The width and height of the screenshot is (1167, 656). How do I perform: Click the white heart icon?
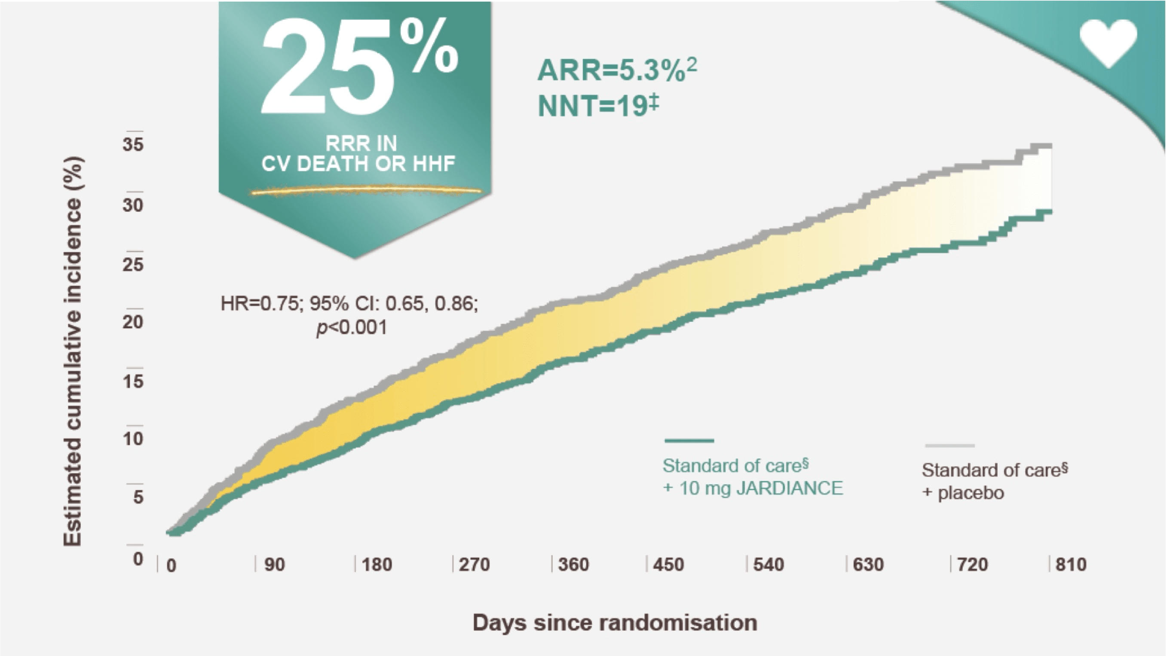pos(1108,42)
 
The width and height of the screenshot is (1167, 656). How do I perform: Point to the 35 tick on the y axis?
pos(133,145)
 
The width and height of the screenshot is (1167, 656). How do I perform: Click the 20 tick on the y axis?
pos(133,322)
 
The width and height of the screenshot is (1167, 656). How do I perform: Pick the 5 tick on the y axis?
pos(138,497)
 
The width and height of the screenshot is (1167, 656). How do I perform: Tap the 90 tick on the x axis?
pos(275,564)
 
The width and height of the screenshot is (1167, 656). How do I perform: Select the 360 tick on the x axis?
pos(573,564)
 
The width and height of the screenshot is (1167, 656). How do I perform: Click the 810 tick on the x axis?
pos(1071,564)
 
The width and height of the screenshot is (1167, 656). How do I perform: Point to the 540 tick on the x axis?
pos(769,564)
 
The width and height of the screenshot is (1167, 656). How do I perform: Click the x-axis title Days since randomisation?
pos(615,622)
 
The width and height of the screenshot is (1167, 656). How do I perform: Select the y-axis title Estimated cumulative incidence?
pos(73,351)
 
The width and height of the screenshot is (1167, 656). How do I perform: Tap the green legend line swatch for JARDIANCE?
pos(689,440)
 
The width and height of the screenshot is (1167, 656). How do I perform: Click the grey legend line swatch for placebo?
pos(950,446)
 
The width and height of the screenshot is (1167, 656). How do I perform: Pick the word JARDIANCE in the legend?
pos(789,488)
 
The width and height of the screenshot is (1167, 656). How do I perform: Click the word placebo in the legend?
pos(971,493)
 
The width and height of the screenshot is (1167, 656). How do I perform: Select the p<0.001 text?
pos(352,327)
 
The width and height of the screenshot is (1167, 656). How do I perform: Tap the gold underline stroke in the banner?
pos(366,191)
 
